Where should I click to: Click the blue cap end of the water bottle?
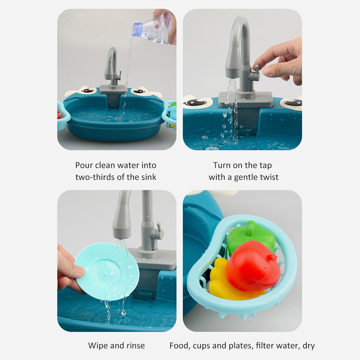[137, 29]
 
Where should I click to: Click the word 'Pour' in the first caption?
[84, 165]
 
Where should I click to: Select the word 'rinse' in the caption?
[135, 346]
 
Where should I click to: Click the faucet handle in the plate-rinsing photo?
[157, 232]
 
